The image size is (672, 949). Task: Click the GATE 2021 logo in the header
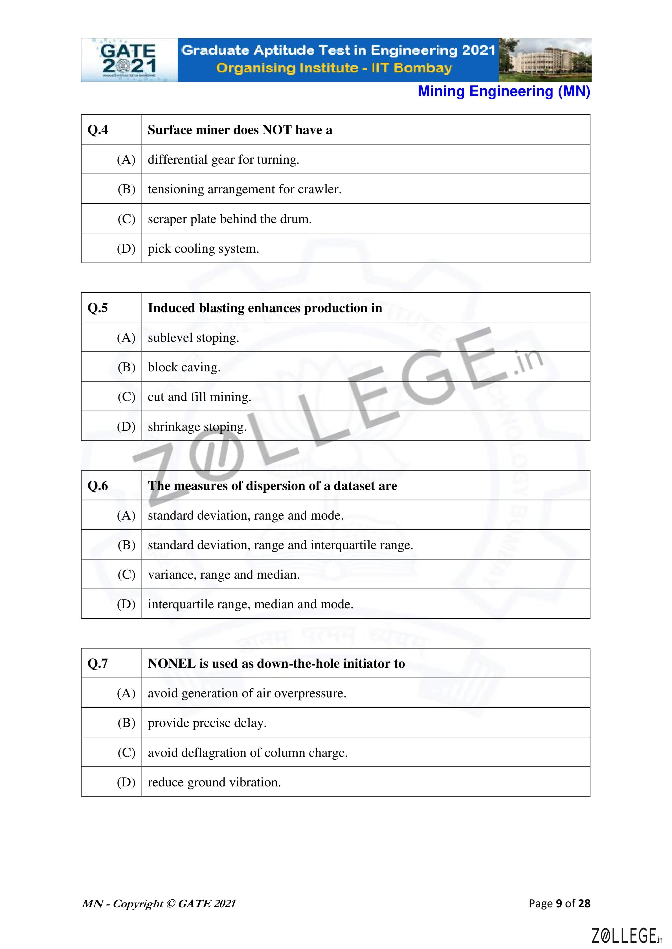[129, 60]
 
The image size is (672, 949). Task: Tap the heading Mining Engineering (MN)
[504, 91]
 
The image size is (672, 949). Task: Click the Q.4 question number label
[98, 130]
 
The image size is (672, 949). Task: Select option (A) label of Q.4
[126, 159]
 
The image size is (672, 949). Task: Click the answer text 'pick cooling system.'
[203, 249]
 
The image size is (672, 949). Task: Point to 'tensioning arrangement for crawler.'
[244, 189]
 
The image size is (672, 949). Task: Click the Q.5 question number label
[98, 308]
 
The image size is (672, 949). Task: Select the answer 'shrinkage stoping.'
[197, 427]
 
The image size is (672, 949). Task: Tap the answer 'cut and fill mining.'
[199, 397]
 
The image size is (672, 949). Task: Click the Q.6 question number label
[98, 486]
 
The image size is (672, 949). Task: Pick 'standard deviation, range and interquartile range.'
[280, 545]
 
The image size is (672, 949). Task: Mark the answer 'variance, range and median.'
[223, 575]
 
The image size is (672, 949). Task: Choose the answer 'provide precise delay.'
[207, 723]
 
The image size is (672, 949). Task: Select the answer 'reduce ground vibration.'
[214, 782]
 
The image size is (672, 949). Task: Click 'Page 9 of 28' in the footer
[559, 904]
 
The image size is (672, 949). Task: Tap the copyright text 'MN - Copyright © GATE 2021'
[159, 904]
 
